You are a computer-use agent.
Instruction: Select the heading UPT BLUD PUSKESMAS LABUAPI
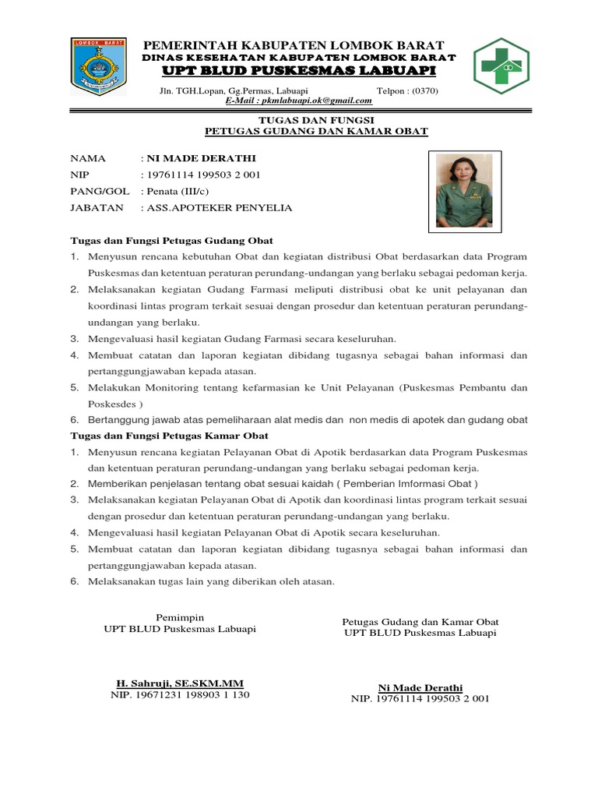pos(299,72)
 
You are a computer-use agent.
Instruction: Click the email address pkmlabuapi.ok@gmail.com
pos(299,101)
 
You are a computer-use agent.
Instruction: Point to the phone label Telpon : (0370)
pos(407,91)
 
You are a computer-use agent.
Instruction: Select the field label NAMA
pos(87,158)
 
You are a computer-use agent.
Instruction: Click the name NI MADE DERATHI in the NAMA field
pos(189,158)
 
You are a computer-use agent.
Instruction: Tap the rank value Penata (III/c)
pos(175,191)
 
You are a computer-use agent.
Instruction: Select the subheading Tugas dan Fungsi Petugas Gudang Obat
pos(171,240)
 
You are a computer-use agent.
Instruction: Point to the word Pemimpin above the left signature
pos(179,617)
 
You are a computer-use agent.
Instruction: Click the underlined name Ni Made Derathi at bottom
pos(420,687)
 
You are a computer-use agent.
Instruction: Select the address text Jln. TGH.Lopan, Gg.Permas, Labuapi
pos(233,91)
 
